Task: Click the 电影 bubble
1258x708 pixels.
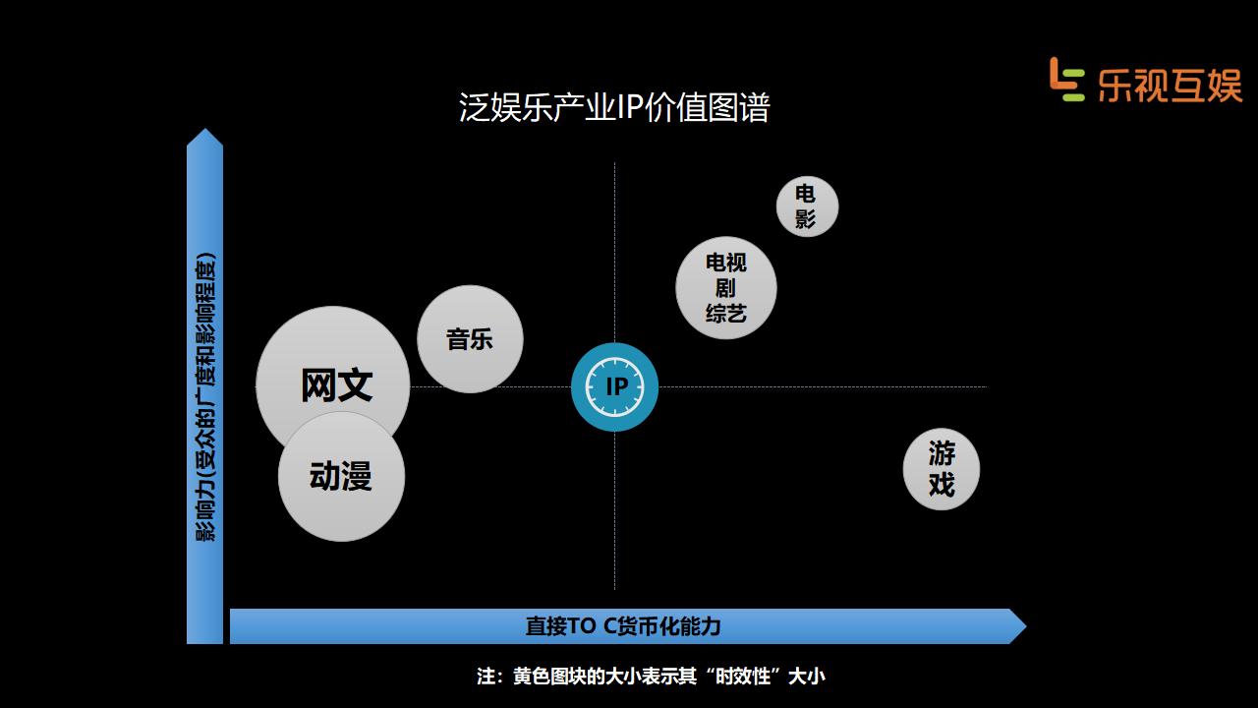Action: [x=807, y=206]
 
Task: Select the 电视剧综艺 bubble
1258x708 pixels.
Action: [x=726, y=288]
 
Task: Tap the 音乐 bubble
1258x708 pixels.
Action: [x=470, y=339]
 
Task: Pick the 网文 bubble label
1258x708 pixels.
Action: [x=336, y=383]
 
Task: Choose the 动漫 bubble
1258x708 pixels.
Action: [x=341, y=477]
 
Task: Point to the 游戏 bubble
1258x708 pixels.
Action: [x=942, y=469]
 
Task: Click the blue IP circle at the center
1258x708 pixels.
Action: [x=614, y=386]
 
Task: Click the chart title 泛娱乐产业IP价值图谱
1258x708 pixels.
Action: [x=614, y=107]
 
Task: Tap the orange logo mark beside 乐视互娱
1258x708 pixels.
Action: [x=1065, y=79]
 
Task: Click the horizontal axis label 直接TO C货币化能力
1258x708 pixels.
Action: [x=623, y=626]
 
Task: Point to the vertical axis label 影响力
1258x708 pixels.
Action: [x=205, y=398]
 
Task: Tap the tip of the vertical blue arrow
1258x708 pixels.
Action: [x=204, y=136]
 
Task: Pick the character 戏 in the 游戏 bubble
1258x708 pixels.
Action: [x=942, y=485]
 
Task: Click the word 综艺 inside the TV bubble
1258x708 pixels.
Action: [x=726, y=314]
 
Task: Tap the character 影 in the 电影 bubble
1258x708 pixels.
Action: [x=806, y=218]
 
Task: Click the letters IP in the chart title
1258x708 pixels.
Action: [x=629, y=107]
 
